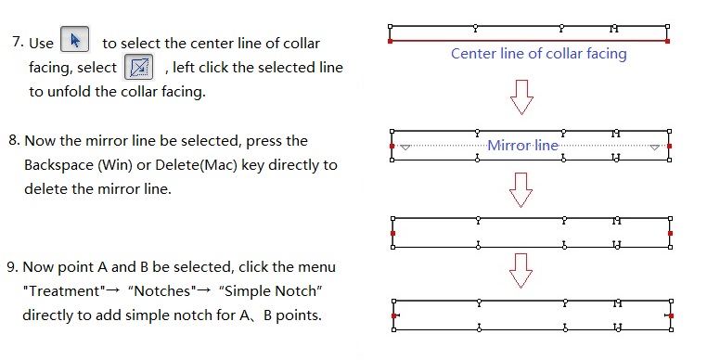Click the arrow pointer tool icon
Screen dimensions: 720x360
click(x=75, y=40)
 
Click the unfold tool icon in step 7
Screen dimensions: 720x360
click(x=138, y=67)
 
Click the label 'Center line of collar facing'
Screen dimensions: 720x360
click(x=539, y=54)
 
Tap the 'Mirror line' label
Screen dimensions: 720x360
click(x=522, y=146)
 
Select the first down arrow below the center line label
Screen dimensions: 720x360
click(x=521, y=97)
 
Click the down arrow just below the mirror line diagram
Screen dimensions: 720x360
click(x=521, y=190)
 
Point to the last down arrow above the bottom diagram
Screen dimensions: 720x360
click(x=521, y=271)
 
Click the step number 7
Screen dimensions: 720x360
click(x=18, y=43)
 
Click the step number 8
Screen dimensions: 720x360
click(x=14, y=140)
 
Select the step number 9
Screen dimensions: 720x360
click(x=12, y=267)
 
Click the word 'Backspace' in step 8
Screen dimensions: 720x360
click(x=58, y=165)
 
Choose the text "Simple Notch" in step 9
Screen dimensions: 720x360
click(x=270, y=291)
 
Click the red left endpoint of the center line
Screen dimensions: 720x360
click(x=391, y=42)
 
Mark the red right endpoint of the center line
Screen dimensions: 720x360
click(x=667, y=42)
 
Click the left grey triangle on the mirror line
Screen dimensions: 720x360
click(x=405, y=147)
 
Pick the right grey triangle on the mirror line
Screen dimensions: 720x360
click(x=655, y=147)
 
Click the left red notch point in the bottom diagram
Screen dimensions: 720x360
click(x=394, y=315)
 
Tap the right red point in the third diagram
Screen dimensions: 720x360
click(x=671, y=233)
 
